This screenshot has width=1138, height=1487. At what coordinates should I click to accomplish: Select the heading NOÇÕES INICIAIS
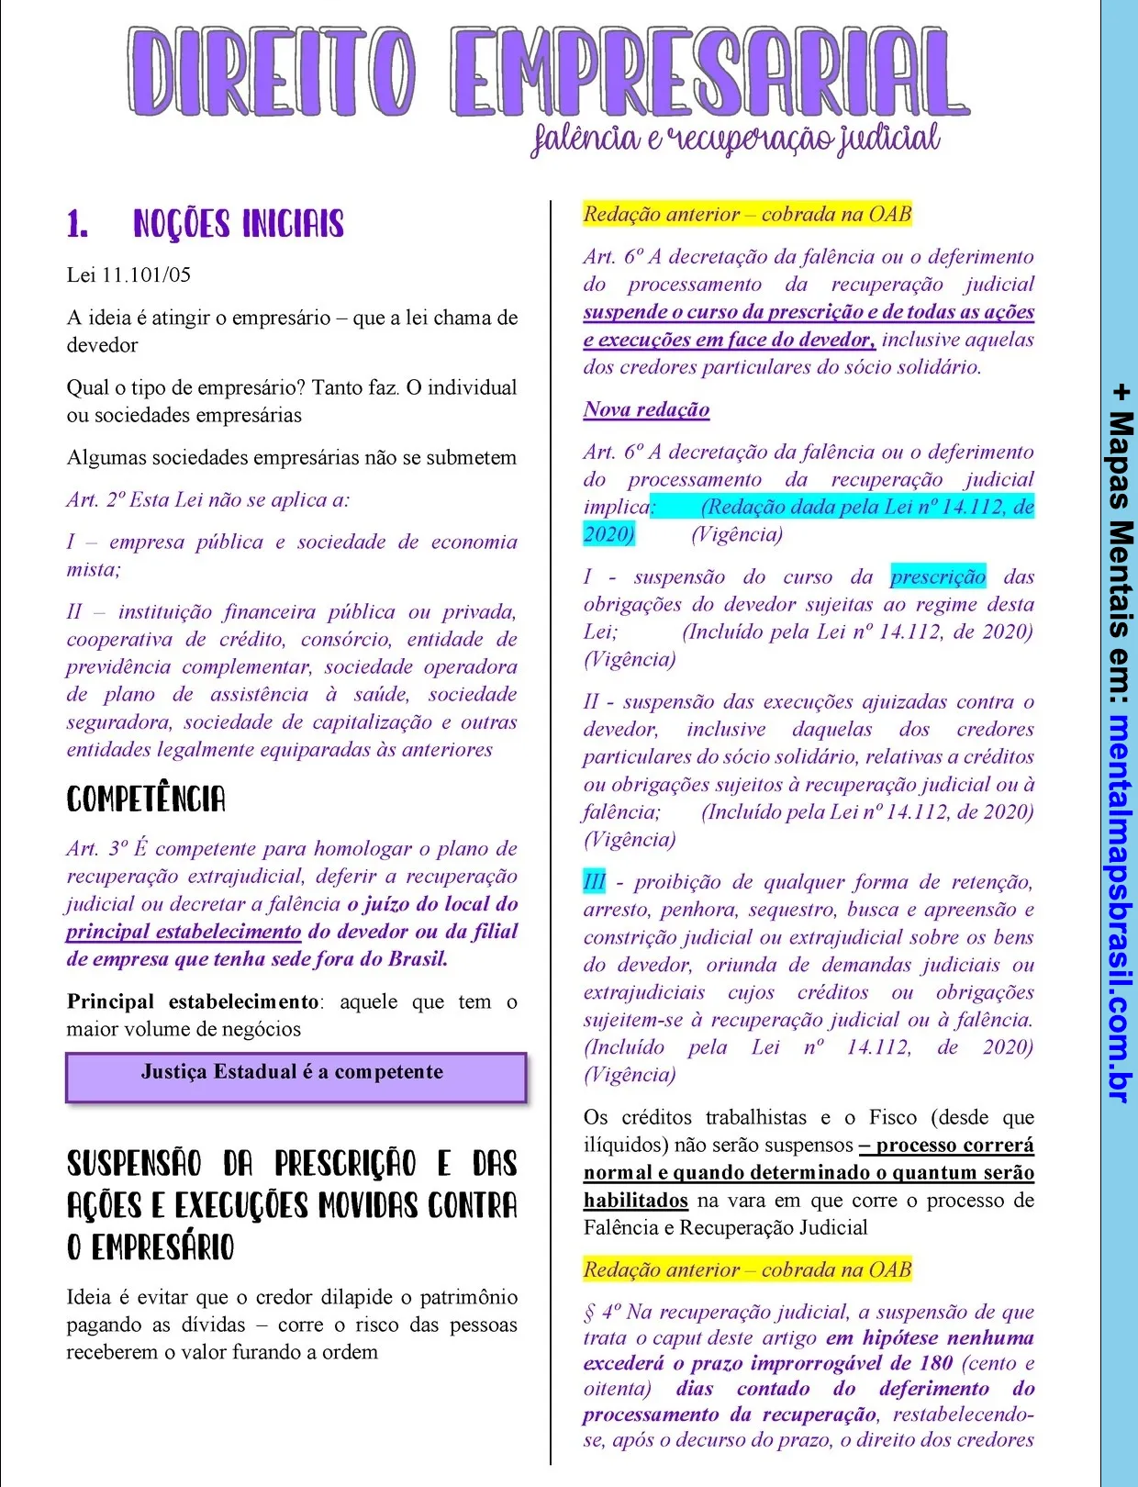239,224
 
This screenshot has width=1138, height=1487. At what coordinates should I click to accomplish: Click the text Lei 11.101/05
128,274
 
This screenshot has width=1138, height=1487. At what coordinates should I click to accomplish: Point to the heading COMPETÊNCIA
146,799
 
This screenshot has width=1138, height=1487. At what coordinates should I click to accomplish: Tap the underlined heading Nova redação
646,409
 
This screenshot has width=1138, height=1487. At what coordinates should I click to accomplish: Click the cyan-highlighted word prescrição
938,576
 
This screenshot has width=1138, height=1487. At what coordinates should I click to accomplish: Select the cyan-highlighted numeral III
594,882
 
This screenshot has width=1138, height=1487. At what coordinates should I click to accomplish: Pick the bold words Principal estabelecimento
193,1001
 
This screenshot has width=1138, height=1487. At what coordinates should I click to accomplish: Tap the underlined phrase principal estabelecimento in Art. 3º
184,932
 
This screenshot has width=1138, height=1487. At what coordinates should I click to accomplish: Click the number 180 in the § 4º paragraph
935,1363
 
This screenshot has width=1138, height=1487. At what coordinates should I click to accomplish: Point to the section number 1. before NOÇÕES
78,224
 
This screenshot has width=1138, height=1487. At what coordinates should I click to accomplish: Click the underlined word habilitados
635,1200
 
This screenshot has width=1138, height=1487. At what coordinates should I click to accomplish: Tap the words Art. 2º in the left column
95,500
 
